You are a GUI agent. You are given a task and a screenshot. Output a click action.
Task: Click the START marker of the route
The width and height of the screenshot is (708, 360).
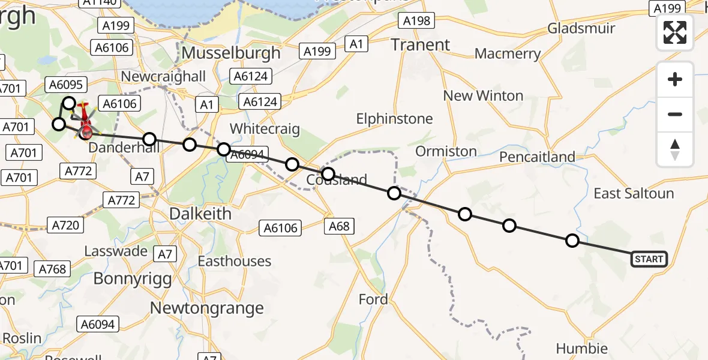coord(649,259)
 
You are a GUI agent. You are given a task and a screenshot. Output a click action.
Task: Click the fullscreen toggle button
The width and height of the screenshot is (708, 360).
coord(675,32)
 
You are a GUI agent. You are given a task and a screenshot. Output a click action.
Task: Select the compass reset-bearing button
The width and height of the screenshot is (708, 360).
coord(675,149)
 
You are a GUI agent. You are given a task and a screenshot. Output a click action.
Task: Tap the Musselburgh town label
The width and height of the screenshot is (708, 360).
coord(231,53)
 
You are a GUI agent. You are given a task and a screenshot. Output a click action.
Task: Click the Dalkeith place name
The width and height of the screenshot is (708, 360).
coord(199,214)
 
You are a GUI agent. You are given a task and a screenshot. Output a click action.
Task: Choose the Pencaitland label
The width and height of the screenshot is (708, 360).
coord(537,157)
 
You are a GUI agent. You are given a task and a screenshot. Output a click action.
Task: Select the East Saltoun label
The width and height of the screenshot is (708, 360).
coord(634,193)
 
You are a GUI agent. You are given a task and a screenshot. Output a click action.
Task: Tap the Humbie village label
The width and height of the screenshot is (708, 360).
coord(581,349)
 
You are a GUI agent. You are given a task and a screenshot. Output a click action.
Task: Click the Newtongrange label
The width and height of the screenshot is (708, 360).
coord(206,308)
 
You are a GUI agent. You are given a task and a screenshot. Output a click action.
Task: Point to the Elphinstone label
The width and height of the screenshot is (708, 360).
coord(394,119)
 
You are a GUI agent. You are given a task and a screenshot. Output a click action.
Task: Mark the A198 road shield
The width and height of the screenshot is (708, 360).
coord(416,21)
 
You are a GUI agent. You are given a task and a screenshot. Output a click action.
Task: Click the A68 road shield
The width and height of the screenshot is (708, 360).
coord(340,226)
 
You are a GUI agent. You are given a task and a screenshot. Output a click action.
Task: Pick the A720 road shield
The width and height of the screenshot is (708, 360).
coord(65,225)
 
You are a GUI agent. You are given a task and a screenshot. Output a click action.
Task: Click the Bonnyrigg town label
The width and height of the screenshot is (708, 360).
coord(133,278)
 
